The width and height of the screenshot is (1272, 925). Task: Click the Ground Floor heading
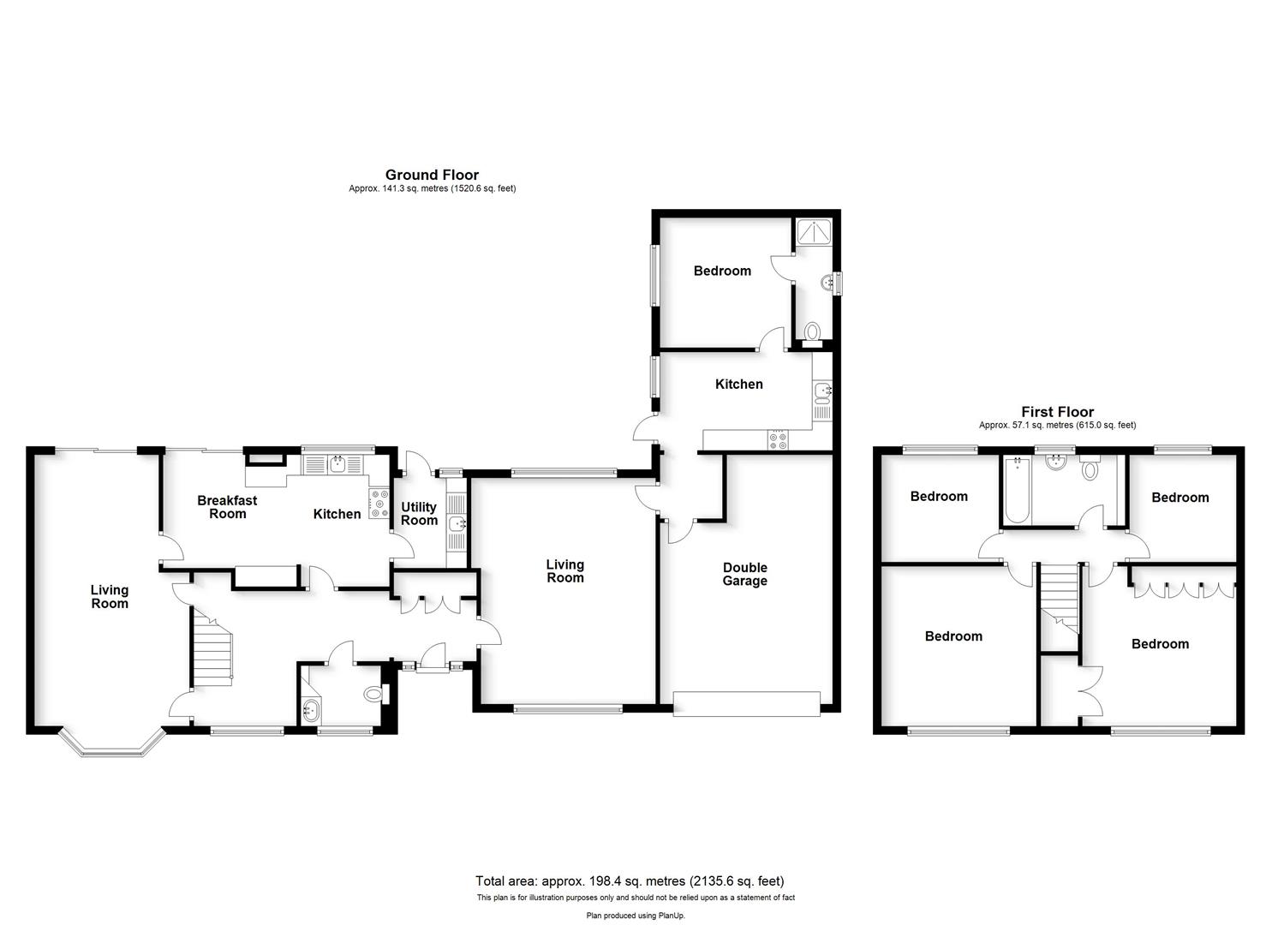[432, 175]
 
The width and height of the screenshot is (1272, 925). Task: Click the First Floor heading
[1057, 412]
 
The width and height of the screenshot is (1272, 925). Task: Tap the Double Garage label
[744, 574]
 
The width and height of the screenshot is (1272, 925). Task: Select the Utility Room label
[419, 514]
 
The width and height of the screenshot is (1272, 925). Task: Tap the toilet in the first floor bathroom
[1090, 469]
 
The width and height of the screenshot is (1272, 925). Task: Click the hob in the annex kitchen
[779, 440]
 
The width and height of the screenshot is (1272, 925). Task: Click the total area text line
[630, 880]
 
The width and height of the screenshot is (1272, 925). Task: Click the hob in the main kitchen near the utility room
[378, 504]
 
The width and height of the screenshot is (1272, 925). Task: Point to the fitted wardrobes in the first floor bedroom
[1185, 588]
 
